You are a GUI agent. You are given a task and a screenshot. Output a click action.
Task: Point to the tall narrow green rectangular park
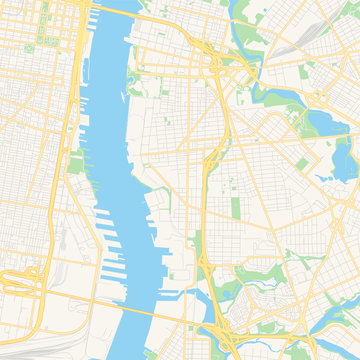click(x=236, y=208)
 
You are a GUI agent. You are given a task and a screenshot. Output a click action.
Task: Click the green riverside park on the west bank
click(x=76, y=163)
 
